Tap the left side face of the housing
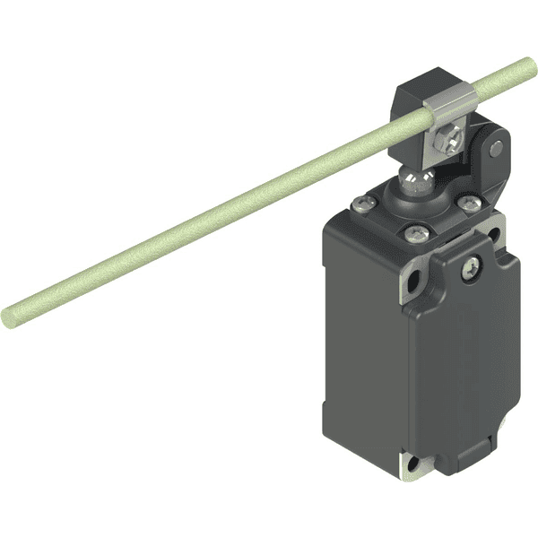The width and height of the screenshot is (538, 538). pos(359,341)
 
